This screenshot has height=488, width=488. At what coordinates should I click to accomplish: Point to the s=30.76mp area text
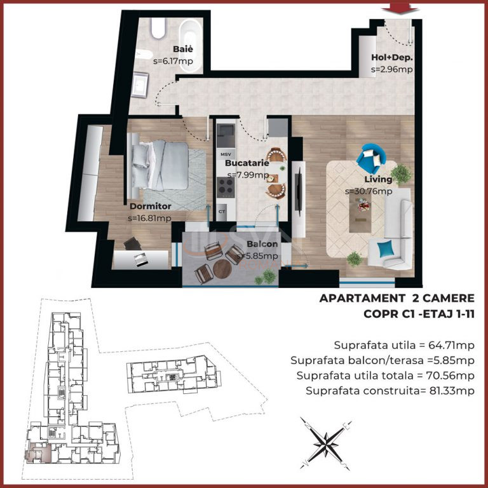369,191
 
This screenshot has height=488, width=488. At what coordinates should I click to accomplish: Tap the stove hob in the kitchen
225,186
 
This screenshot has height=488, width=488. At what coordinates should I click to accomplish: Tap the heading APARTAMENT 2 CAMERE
396,298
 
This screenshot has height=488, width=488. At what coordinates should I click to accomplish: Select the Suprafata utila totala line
385,376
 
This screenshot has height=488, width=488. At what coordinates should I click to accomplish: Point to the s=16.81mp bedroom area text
149,219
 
